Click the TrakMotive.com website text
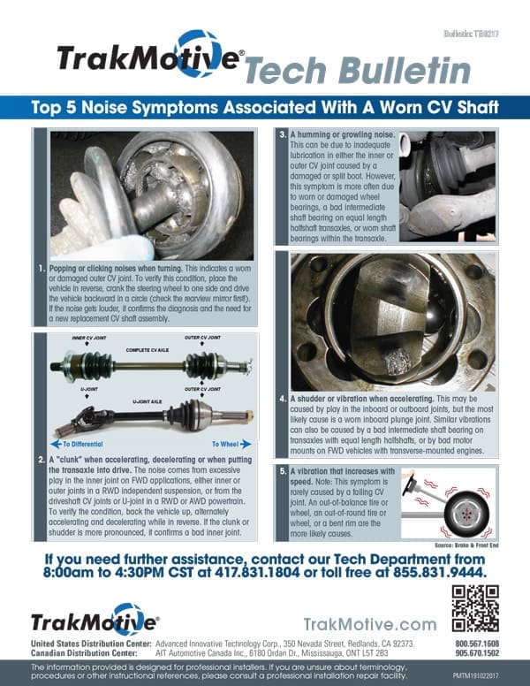tap(369, 624)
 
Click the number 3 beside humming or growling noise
tap(282, 133)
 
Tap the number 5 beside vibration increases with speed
tap(282, 471)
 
